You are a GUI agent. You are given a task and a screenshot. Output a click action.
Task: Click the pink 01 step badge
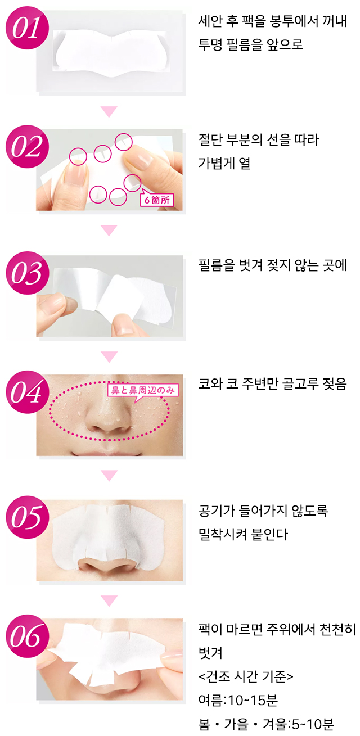(28, 28)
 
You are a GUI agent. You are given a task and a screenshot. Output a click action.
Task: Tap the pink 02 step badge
(28, 147)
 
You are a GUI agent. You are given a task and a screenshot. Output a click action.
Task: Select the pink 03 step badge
(28, 273)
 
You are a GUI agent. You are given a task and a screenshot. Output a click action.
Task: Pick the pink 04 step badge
(28, 392)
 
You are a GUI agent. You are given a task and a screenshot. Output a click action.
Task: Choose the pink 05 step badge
(28, 517)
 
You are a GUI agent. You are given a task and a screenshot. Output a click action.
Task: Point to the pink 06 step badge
(28, 636)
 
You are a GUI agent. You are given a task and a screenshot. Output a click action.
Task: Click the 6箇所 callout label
(157, 199)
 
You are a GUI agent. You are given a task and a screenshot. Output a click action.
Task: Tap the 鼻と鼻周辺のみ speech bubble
(143, 391)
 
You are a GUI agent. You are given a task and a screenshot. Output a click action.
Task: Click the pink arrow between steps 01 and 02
(109, 111)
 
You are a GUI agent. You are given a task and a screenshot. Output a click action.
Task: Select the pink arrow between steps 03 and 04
(109, 356)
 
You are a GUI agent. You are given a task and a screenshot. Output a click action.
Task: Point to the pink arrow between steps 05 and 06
(109, 600)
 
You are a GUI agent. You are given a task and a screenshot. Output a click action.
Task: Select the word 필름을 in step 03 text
(217, 265)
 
